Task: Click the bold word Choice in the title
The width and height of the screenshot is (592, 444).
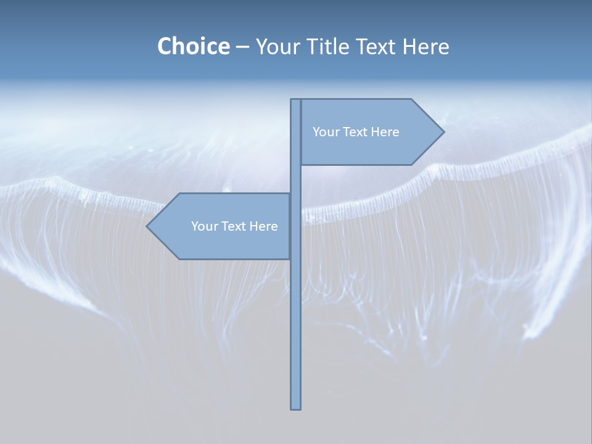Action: pos(193,46)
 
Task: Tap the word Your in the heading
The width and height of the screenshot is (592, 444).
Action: pos(277,46)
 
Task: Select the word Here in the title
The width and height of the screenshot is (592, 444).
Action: pos(425,46)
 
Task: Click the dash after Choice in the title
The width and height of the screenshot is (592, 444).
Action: pos(242,47)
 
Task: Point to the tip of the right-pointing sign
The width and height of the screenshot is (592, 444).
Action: pos(443,131)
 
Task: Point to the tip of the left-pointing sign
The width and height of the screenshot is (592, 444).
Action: pos(147,226)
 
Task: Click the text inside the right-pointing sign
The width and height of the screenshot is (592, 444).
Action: pos(356,132)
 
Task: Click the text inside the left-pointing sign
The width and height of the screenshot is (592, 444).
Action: pos(234,226)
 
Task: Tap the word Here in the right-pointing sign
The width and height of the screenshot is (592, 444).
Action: pos(385,132)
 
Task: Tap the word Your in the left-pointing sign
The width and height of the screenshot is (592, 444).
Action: pos(203,226)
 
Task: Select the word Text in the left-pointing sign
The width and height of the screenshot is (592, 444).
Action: pos(232,226)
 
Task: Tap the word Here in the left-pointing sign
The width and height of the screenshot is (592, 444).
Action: pos(264,226)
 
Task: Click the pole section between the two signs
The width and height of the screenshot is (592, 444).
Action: pos(295,179)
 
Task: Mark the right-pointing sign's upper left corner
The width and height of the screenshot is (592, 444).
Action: pos(302,100)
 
